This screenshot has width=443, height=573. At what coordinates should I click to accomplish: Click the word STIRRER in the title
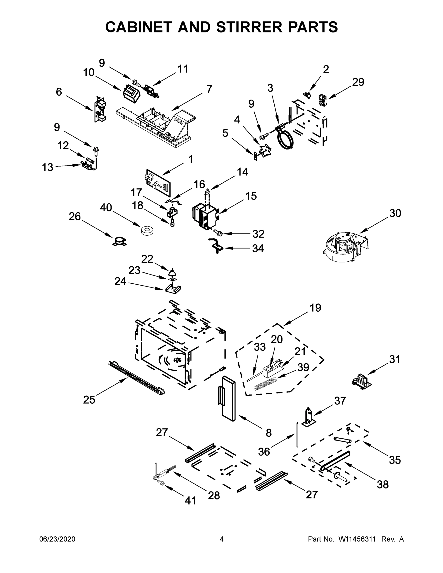point(249,27)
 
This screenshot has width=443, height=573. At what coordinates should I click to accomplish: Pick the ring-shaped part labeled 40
point(148,231)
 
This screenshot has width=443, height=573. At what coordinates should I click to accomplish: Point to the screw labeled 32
point(218,232)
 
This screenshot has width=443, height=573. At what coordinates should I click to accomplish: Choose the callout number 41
point(190,501)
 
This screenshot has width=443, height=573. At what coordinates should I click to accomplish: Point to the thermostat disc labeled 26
point(119,241)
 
